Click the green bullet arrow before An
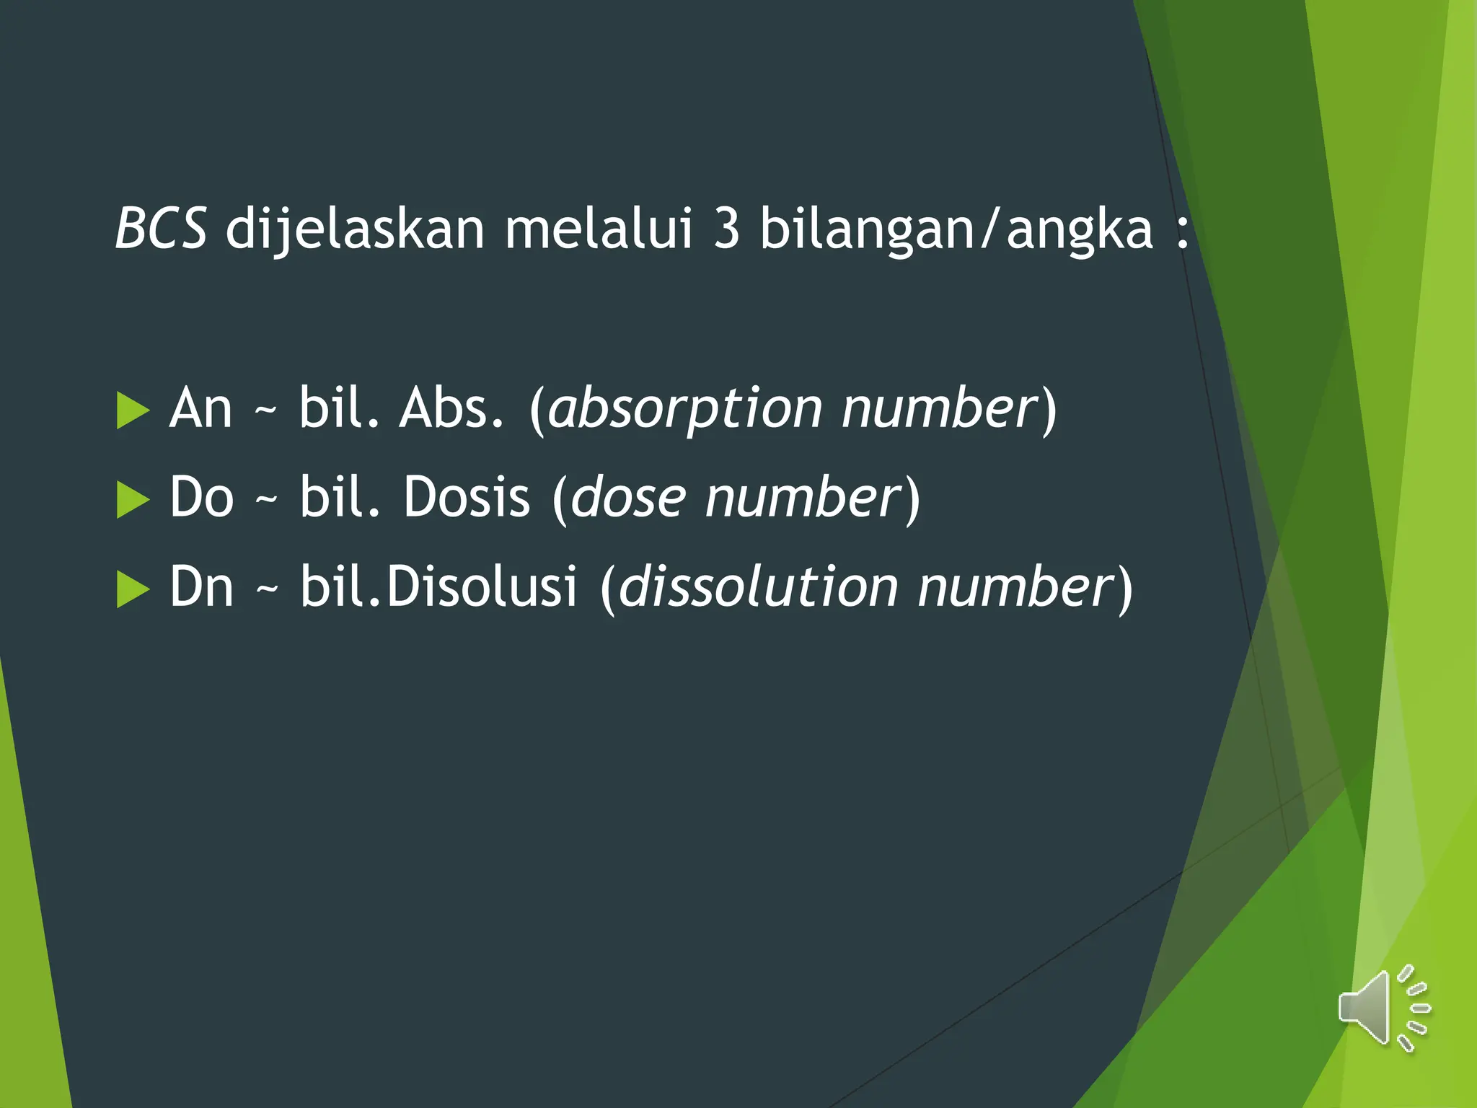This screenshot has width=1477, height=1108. [132, 411]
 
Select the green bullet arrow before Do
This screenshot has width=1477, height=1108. [132, 500]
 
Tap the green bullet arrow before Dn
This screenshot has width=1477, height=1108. [132, 589]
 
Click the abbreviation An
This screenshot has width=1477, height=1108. [200, 408]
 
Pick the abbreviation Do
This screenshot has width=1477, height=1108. [202, 498]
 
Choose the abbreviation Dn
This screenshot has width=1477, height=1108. [201, 587]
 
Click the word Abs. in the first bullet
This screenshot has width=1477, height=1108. [451, 408]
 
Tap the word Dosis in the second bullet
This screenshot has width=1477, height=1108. [467, 498]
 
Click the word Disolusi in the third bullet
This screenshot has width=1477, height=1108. [482, 587]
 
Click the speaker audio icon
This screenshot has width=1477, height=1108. [1383, 1008]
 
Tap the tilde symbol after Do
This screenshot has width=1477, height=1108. [266, 501]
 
